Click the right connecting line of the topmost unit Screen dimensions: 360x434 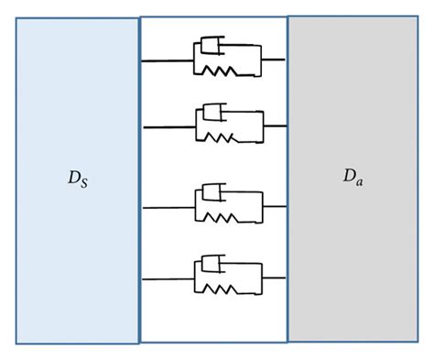pyautogui.click(x=273, y=60)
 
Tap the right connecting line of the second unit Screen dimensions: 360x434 pyautogui.click(x=275, y=125)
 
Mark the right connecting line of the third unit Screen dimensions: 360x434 pyautogui.click(x=275, y=206)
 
